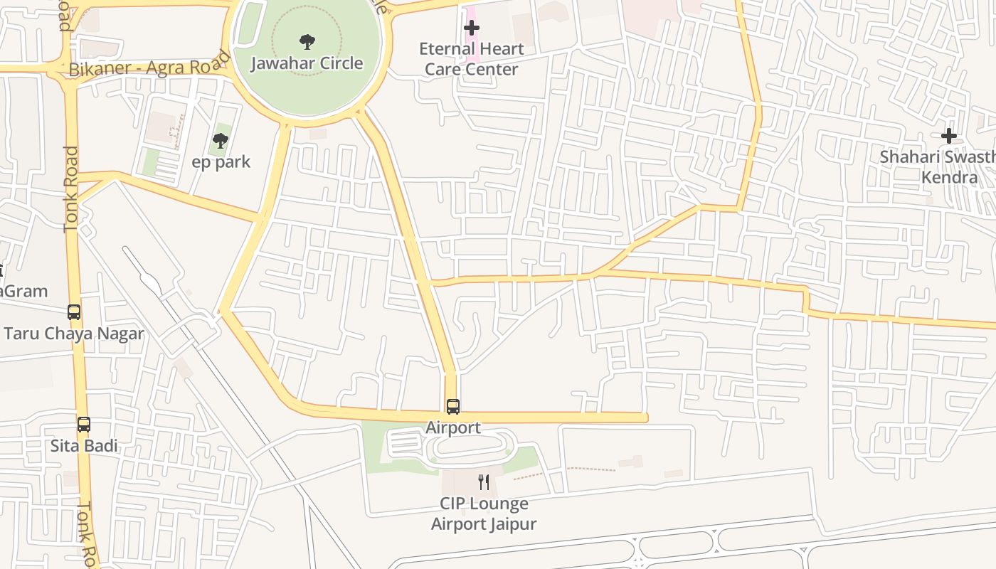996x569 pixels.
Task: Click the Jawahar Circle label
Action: pos(307,63)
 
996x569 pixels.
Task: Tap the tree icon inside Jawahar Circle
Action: pos(307,42)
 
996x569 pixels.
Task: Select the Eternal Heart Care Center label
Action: pos(471,59)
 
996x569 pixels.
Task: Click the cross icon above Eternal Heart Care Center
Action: pos(471,28)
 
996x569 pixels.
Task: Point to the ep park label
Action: pos(221,162)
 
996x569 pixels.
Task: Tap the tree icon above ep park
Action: pos(221,140)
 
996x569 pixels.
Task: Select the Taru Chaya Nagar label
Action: pos(74,334)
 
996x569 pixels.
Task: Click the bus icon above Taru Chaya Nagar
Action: pos(74,312)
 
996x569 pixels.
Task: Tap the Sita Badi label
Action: pos(84,446)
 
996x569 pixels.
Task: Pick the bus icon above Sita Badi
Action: pos(84,425)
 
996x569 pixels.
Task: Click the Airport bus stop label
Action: pos(453,427)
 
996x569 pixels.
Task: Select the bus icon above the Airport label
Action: pos(453,407)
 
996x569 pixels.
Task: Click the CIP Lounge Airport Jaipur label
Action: pos(484,514)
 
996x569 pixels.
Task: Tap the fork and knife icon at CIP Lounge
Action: pos(484,482)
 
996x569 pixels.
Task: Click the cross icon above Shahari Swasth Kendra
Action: pos(948,136)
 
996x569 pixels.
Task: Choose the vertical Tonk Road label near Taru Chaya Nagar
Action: pos(70,189)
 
